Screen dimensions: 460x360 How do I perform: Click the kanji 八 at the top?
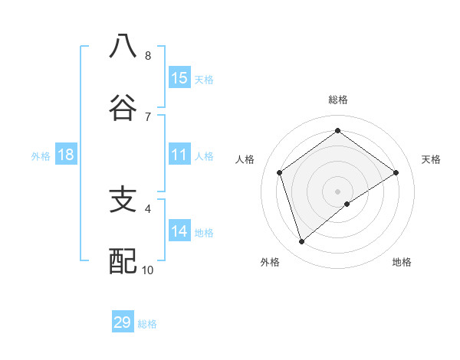[x=123, y=47]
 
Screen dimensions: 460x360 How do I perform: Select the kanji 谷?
[x=123, y=108]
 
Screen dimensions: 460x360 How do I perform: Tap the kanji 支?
[x=123, y=200]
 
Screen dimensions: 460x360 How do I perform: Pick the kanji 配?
[x=123, y=261]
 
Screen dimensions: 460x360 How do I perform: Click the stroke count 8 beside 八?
[x=148, y=56]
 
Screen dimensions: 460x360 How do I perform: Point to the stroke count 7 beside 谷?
[x=148, y=116]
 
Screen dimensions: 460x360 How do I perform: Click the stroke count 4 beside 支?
[x=148, y=208]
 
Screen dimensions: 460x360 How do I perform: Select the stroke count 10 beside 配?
[x=148, y=270]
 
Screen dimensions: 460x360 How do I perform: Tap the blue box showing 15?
[x=179, y=77]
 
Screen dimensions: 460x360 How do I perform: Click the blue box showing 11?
[x=179, y=155]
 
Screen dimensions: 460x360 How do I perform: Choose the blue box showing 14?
[x=179, y=231]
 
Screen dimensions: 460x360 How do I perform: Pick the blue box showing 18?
[x=66, y=155]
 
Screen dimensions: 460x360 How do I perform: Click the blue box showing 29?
[x=123, y=322]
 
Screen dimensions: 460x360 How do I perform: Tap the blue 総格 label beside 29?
[x=147, y=324]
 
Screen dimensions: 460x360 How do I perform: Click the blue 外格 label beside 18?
[x=41, y=156]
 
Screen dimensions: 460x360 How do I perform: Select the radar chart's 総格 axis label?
[x=338, y=100]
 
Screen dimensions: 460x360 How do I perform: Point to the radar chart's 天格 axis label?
[x=431, y=159]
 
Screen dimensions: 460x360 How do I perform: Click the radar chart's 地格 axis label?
[x=402, y=262]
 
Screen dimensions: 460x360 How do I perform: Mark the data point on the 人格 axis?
[x=280, y=172]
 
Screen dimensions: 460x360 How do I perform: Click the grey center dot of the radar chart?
[x=338, y=191]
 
